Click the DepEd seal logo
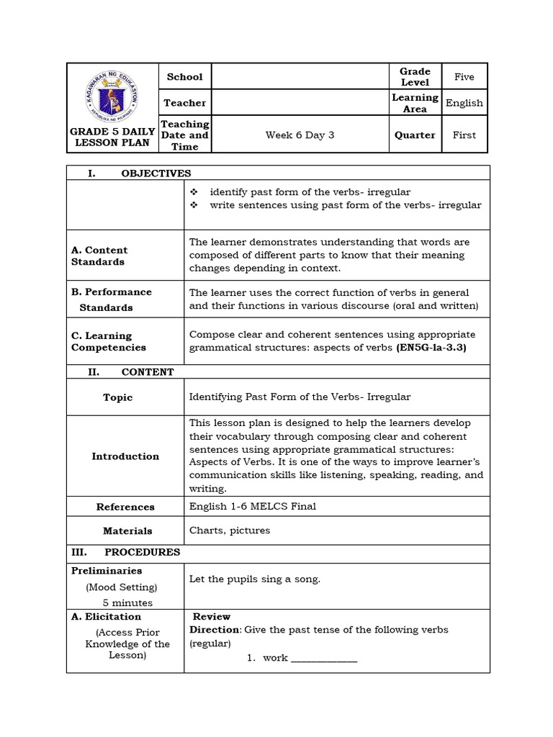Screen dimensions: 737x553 tap(112, 94)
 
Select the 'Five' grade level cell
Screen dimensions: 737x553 tap(464, 76)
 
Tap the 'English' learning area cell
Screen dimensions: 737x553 tap(464, 103)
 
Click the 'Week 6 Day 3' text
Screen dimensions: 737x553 tap(300, 135)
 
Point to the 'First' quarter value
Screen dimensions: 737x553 tap(464, 135)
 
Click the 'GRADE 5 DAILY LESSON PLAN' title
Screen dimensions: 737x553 tap(112, 137)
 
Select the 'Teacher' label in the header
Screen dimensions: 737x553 tap(184, 103)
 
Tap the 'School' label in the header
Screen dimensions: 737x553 tap(184, 76)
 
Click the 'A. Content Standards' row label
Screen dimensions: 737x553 tap(99, 256)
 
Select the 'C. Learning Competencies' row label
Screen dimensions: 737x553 tap(108, 341)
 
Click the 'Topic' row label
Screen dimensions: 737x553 tap(117, 397)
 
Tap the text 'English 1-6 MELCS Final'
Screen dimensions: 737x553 tap(252, 506)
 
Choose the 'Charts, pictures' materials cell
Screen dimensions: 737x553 tap(230, 530)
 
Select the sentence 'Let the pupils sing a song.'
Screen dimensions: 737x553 tap(254, 579)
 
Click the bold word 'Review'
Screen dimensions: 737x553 tap(211, 616)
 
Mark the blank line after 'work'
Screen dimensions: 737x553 tap(324, 658)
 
